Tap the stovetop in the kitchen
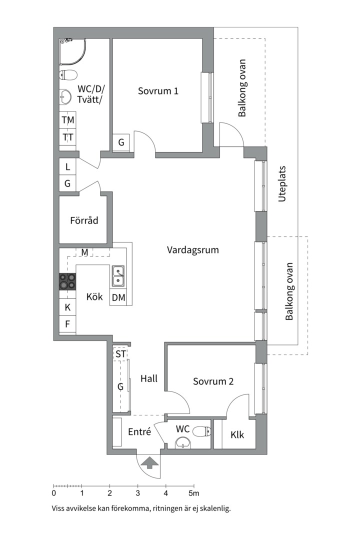click(68, 281)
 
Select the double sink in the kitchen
click(118, 276)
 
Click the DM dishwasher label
click(118, 298)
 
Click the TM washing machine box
click(68, 120)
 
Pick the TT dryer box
click(68, 137)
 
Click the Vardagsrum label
click(192, 250)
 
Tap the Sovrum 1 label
click(158, 91)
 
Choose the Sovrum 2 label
click(213, 381)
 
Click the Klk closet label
click(237, 435)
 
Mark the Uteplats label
click(283, 183)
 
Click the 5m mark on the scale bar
click(193, 492)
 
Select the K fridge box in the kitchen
click(67, 307)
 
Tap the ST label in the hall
click(120, 354)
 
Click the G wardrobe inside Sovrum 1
click(121, 142)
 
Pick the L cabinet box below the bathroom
click(68, 167)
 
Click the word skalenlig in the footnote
click(212, 509)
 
